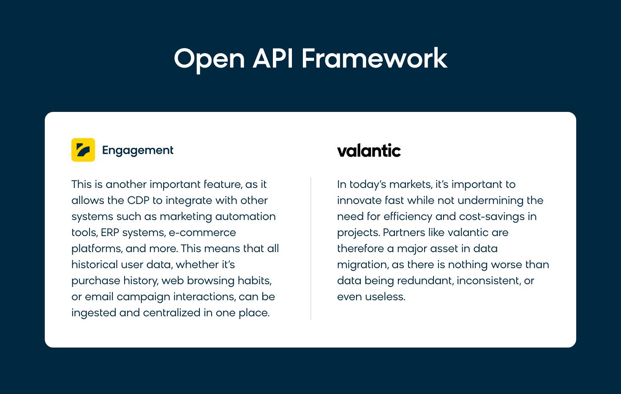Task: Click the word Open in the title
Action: (209, 59)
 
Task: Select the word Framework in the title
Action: (375, 58)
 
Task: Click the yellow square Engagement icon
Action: (83, 150)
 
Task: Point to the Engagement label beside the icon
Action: (138, 150)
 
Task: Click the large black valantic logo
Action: (369, 150)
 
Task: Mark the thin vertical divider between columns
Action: (310, 248)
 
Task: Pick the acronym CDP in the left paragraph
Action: (138, 200)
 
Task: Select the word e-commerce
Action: (202, 233)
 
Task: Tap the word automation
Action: (245, 216)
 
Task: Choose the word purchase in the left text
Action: (96, 281)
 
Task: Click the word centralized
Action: (172, 313)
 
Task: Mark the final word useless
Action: (385, 297)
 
